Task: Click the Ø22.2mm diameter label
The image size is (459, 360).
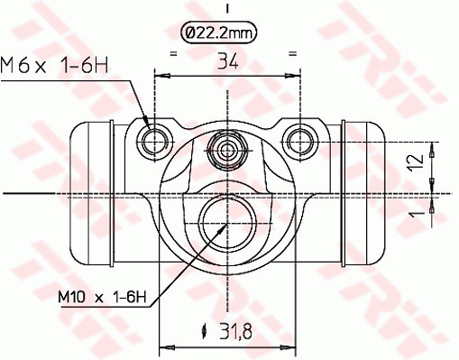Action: tap(218, 32)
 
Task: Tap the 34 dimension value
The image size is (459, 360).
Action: tap(227, 61)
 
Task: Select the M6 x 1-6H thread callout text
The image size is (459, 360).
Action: tap(54, 65)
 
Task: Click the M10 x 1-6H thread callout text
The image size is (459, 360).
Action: tap(102, 298)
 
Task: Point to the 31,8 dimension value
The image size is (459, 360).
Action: tap(235, 331)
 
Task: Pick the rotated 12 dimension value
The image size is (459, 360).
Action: tap(417, 162)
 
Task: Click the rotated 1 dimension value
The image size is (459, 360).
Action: tap(418, 213)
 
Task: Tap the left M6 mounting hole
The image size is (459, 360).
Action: tap(154, 142)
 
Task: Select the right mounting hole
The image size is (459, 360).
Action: tap(300, 142)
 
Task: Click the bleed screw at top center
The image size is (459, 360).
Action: tap(227, 150)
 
